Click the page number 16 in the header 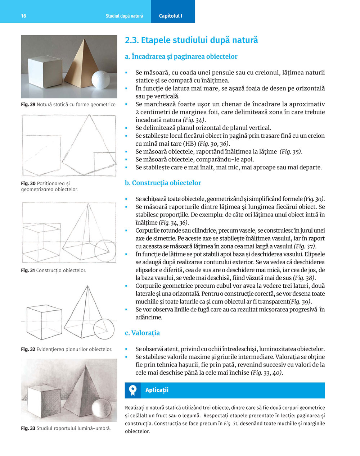coord(23,16)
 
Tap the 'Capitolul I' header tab coord(171,16)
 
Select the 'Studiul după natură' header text coord(124,16)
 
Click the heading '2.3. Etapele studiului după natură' coord(191,40)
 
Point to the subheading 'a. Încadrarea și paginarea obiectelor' coord(181,56)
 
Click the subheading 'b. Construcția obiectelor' coord(163,183)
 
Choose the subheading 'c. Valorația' coord(142,333)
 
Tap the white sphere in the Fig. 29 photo coord(100,79)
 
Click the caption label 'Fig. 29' coord(28,105)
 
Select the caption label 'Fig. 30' coord(28,183)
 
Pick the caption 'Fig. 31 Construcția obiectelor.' coord(53,270)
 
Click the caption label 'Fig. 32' coord(28,349)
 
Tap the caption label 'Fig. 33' coord(28,428)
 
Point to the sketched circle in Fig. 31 coord(105,250)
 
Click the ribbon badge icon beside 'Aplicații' coord(133,390)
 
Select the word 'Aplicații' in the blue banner coord(157,390)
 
